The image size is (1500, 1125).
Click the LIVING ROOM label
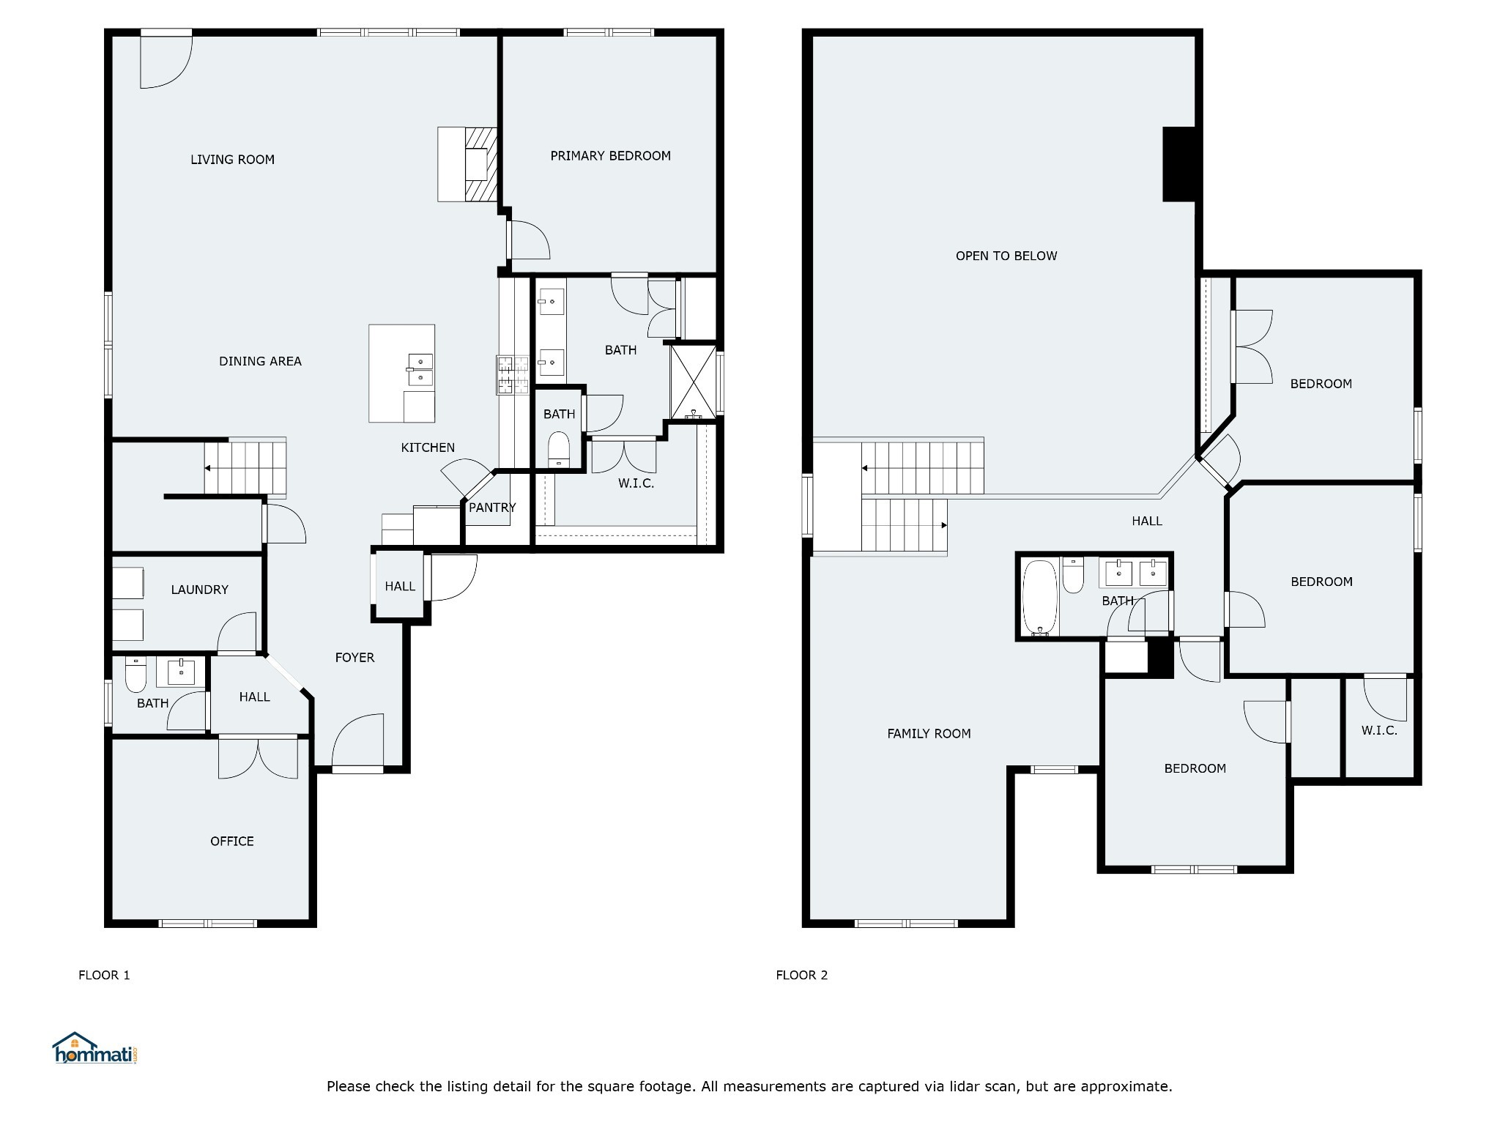pyautogui.click(x=232, y=160)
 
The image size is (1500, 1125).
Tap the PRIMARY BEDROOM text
pyautogui.click(x=610, y=156)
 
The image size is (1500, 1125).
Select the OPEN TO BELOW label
pyautogui.click(x=1006, y=256)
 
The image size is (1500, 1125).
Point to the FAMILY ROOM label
pyautogui.click(x=929, y=734)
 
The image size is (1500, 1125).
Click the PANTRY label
pyautogui.click(x=492, y=508)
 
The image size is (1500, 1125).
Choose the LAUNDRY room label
pyautogui.click(x=199, y=590)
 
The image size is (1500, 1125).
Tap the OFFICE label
pyautogui.click(x=232, y=842)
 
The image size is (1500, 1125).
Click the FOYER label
pyautogui.click(x=354, y=658)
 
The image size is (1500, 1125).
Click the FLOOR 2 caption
pyautogui.click(x=802, y=975)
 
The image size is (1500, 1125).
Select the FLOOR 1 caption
pyautogui.click(x=104, y=975)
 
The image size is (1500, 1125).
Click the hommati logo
pyautogui.click(x=95, y=1048)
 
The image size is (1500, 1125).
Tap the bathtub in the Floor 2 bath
pyautogui.click(x=1039, y=598)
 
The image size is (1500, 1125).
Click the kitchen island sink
pyautogui.click(x=420, y=369)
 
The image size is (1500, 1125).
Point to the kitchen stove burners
pyautogui.click(x=513, y=375)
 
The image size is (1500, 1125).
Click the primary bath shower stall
pyautogui.click(x=694, y=382)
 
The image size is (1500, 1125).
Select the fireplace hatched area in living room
pyautogui.click(x=481, y=165)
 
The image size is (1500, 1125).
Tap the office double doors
pyautogui.click(x=258, y=759)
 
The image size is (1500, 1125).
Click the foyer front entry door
pyautogui.click(x=357, y=741)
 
